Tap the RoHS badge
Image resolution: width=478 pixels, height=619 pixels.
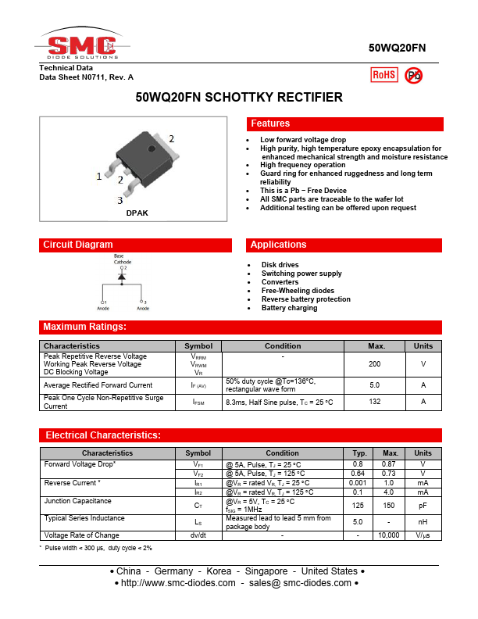[383, 75]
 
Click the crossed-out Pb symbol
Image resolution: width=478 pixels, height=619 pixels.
[414, 75]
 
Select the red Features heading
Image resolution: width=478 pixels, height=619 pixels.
[270, 123]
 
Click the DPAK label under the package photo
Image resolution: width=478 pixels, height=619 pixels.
[137, 213]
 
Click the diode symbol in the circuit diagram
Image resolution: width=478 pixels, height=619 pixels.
[122, 280]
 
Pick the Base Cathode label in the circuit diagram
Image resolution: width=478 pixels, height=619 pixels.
[123, 259]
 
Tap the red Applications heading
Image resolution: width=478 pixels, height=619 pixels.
[278, 245]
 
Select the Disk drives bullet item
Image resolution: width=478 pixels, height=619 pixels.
[280, 265]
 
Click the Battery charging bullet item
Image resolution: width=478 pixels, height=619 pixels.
[289, 308]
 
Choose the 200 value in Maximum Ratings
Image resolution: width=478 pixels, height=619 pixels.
[374, 364]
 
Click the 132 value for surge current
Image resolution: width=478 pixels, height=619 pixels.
[374, 402]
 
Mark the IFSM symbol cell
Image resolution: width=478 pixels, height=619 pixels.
[198, 402]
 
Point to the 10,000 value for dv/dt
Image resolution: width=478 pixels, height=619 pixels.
[388, 535]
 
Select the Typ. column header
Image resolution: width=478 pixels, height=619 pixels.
[360, 453]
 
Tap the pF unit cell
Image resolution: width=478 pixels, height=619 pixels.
[423, 506]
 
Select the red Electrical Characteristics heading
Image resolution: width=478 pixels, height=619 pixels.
[103, 435]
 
